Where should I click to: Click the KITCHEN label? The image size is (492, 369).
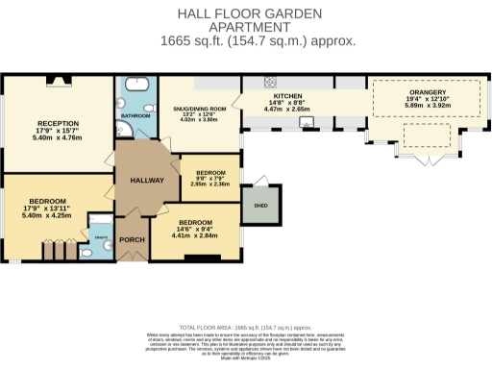point(288,96)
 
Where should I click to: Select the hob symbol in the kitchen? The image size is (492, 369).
point(269,82)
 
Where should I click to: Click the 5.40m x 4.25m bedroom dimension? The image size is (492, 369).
point(47,216)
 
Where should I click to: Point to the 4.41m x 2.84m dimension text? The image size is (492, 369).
point(195,235)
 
